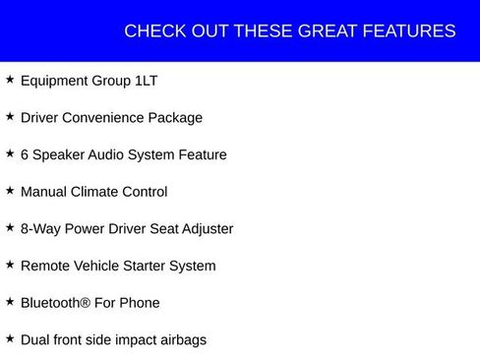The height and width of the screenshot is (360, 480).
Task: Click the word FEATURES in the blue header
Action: (x=411, y=31)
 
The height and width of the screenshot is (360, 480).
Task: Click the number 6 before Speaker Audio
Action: (x=25, y=154)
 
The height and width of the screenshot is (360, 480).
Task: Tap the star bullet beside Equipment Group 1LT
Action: (x=10, y=80)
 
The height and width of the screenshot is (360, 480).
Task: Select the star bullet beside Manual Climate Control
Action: (x=10, y=191)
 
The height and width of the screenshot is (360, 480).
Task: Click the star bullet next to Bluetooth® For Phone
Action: (x=10, y=302)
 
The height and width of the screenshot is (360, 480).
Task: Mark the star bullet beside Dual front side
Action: (x=10, y=338)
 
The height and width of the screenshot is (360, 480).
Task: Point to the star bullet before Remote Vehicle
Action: (x=10, y=265)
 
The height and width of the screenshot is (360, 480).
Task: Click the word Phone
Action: (x=140, y=303)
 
